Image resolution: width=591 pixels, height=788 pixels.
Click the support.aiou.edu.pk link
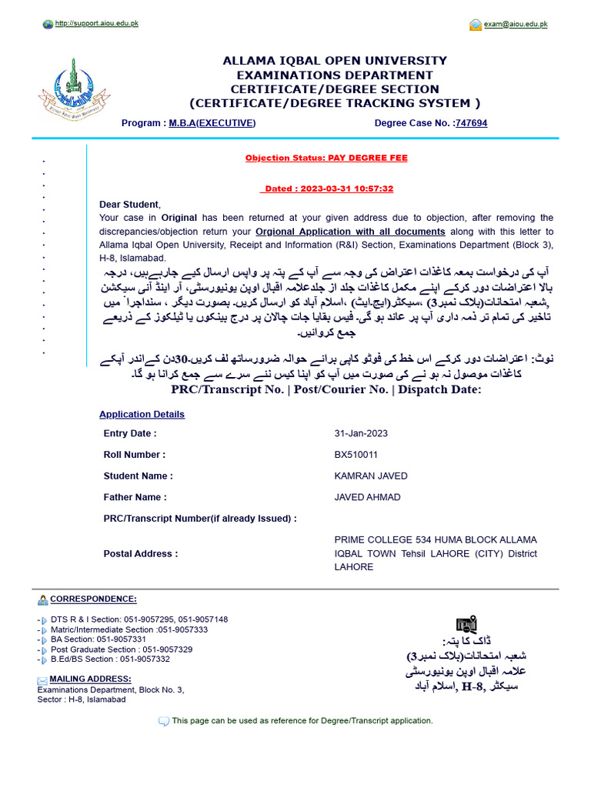(96, 24)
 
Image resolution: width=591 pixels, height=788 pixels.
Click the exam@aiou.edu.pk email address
(515, 25)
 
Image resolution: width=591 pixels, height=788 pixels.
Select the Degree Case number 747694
(471, 123)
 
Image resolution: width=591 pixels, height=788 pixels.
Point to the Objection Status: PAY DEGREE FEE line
(326, 158)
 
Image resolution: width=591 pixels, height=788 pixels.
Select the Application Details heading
(142, 414)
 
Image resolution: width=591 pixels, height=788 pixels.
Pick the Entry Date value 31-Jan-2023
(361, 433)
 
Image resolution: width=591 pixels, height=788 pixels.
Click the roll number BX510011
(356, 455)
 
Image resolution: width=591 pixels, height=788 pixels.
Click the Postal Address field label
(141, 553)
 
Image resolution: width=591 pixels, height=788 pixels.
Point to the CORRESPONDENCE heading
(93, 599)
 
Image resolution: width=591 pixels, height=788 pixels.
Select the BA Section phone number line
(98, 639)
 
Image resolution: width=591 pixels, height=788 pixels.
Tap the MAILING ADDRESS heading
(90, 679)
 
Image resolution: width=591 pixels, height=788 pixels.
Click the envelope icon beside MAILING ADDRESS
(42, 680)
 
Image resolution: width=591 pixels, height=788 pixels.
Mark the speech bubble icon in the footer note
(163, 721)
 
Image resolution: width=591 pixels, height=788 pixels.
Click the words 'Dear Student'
(129, 204)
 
